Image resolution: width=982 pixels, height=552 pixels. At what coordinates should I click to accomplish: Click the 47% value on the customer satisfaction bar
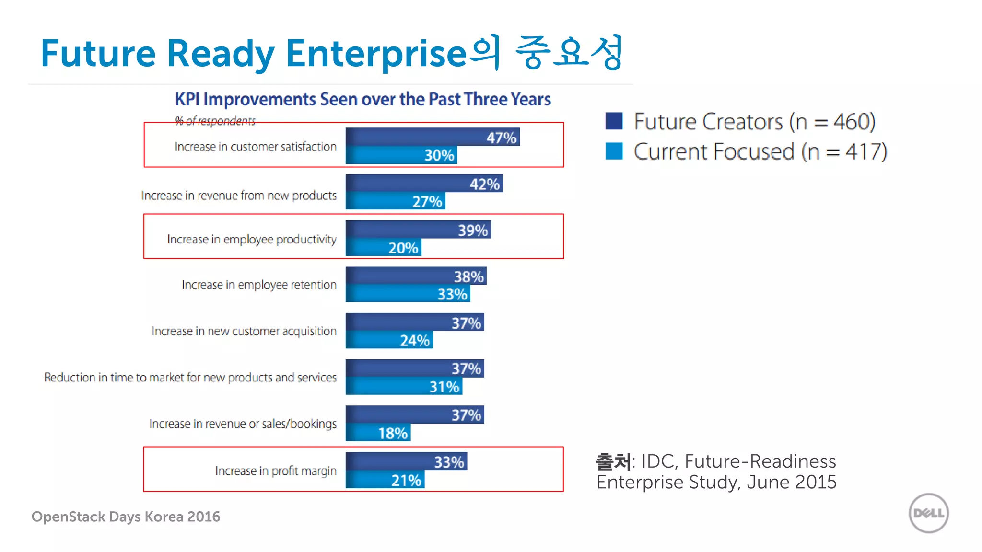pos(501,138)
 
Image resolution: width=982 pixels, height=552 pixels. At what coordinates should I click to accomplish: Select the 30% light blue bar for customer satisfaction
pos(401,155)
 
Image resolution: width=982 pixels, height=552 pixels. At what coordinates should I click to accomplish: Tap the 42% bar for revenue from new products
pos(424,184)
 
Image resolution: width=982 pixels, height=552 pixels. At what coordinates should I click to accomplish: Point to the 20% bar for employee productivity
pos(383,248)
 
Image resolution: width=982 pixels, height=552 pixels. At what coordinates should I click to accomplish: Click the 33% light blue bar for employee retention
pos(408,294)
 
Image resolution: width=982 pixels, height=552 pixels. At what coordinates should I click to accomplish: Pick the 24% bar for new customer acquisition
pos(389,340)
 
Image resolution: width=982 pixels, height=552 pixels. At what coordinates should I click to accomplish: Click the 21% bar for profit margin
pos(385,480)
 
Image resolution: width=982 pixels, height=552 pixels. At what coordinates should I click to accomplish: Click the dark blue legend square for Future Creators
pos(614,121)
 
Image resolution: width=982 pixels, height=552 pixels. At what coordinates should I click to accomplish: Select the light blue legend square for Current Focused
pos(614,151)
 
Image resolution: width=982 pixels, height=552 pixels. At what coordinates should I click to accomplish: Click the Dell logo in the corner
pos(928,513)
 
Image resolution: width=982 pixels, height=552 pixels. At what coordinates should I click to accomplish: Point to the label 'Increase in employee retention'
pos(259,285)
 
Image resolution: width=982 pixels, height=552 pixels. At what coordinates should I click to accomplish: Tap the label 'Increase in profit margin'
pos(276,471)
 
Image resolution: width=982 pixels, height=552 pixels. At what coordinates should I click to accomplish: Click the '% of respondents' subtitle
pos(215,121)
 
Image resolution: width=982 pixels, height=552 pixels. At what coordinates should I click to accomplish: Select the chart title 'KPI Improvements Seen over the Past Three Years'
pos(362,99)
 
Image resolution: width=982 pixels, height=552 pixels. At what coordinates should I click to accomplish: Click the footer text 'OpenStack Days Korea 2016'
pos(126,517)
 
